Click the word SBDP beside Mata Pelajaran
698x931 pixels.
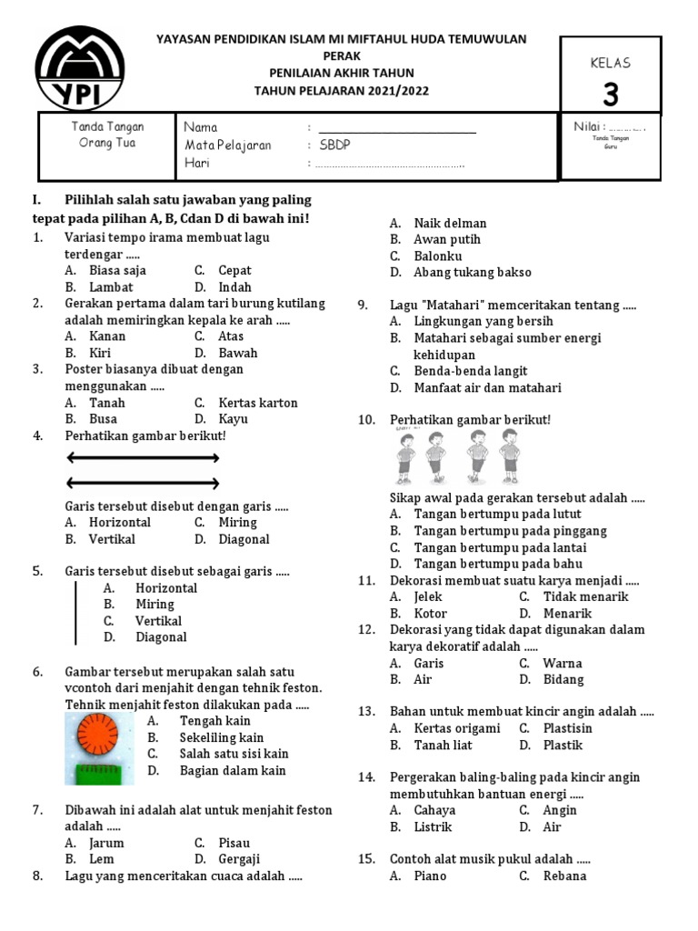(333, 145)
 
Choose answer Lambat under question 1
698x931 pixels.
(111, 287)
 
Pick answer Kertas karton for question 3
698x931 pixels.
(257, 403)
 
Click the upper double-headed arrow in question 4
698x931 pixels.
(143, 459)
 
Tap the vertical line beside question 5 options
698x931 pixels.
(75, 613)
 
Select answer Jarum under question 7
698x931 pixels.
(106, 843)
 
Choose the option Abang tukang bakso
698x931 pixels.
(472, 272)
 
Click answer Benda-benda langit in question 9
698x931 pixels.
(470, 371)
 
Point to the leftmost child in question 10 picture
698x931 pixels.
(407, 457)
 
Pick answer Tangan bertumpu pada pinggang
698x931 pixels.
(510, 531)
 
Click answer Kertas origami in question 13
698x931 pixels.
(456, 728)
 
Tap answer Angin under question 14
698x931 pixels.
(559, 810)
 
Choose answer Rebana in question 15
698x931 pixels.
(563, 876)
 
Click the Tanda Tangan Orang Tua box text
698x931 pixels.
(107, 135)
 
